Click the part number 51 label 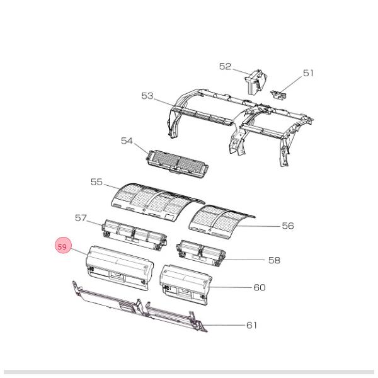coord(308,73)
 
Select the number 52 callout coord(226,66)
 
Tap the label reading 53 coord(147,96)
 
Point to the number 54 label coord(127,140)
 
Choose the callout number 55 coord(96,181)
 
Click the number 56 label coord(287,226)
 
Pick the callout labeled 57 coord(81,218)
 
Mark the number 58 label coord(274,260)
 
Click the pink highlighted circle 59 coord(62,247)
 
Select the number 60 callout coord(259,287)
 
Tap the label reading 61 coord(251,325)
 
